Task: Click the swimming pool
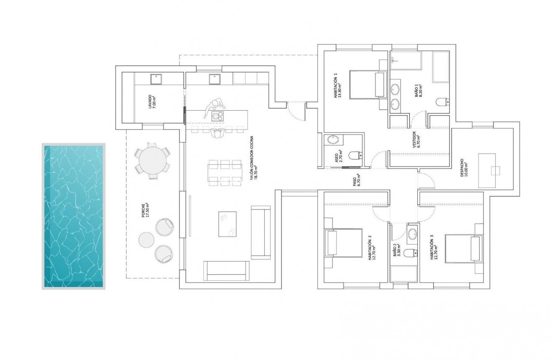(73, 216)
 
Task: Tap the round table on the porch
(152, 161)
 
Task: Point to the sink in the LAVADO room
(156, 78)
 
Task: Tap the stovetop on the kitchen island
(217, 116)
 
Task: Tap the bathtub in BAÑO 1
(441, 67)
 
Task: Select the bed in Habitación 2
(343, 243)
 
